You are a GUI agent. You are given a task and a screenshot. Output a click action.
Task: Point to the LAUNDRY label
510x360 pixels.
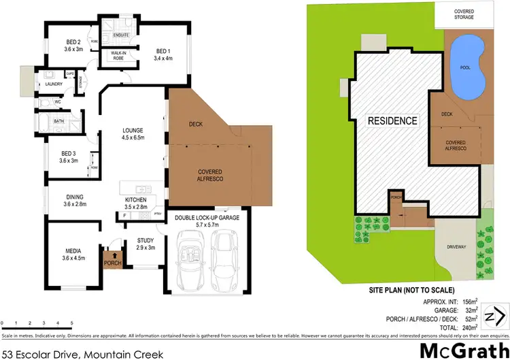coord(54,84)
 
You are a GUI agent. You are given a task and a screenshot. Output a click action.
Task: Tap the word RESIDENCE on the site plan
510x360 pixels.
coord(392,120)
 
